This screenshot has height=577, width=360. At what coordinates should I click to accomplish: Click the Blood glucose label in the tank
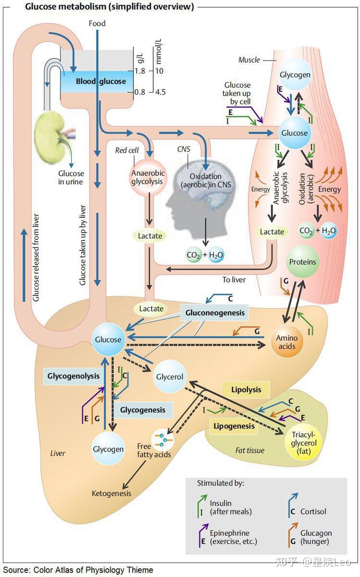click(x=100, y=81)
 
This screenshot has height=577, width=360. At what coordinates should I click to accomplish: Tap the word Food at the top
click(x=97, y=24)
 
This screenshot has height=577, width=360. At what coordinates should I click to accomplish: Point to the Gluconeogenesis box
click(x=215, y=313)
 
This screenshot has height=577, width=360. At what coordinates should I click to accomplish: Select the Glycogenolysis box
click(x=74, y=376)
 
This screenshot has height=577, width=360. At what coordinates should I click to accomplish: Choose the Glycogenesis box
click(x=143, y=410)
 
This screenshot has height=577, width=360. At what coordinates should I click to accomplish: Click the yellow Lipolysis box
click(x=246, y=390)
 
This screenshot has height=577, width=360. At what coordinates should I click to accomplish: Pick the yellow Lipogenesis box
click(x=234, y=426)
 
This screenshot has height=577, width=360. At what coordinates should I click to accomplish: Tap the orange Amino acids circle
click(x=287, y=342)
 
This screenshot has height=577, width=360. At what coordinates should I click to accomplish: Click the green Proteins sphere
click(x=302, y=262)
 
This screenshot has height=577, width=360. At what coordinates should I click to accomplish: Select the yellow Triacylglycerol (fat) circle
click(x=304, y=443)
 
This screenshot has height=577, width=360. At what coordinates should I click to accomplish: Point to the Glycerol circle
click(x=170, y=377)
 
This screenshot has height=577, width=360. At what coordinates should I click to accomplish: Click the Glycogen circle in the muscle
click(x=295, y=75)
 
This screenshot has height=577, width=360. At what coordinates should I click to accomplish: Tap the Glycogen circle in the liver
click(x=108, y=449)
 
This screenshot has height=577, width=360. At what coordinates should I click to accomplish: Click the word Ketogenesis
click(x=112, y=493)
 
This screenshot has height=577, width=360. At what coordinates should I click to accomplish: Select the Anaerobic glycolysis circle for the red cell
click(x=147, y=177)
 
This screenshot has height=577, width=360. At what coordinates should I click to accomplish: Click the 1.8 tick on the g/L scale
click(x=139, y=71)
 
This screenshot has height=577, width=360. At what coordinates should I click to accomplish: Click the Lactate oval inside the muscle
click(x=272, y=232)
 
